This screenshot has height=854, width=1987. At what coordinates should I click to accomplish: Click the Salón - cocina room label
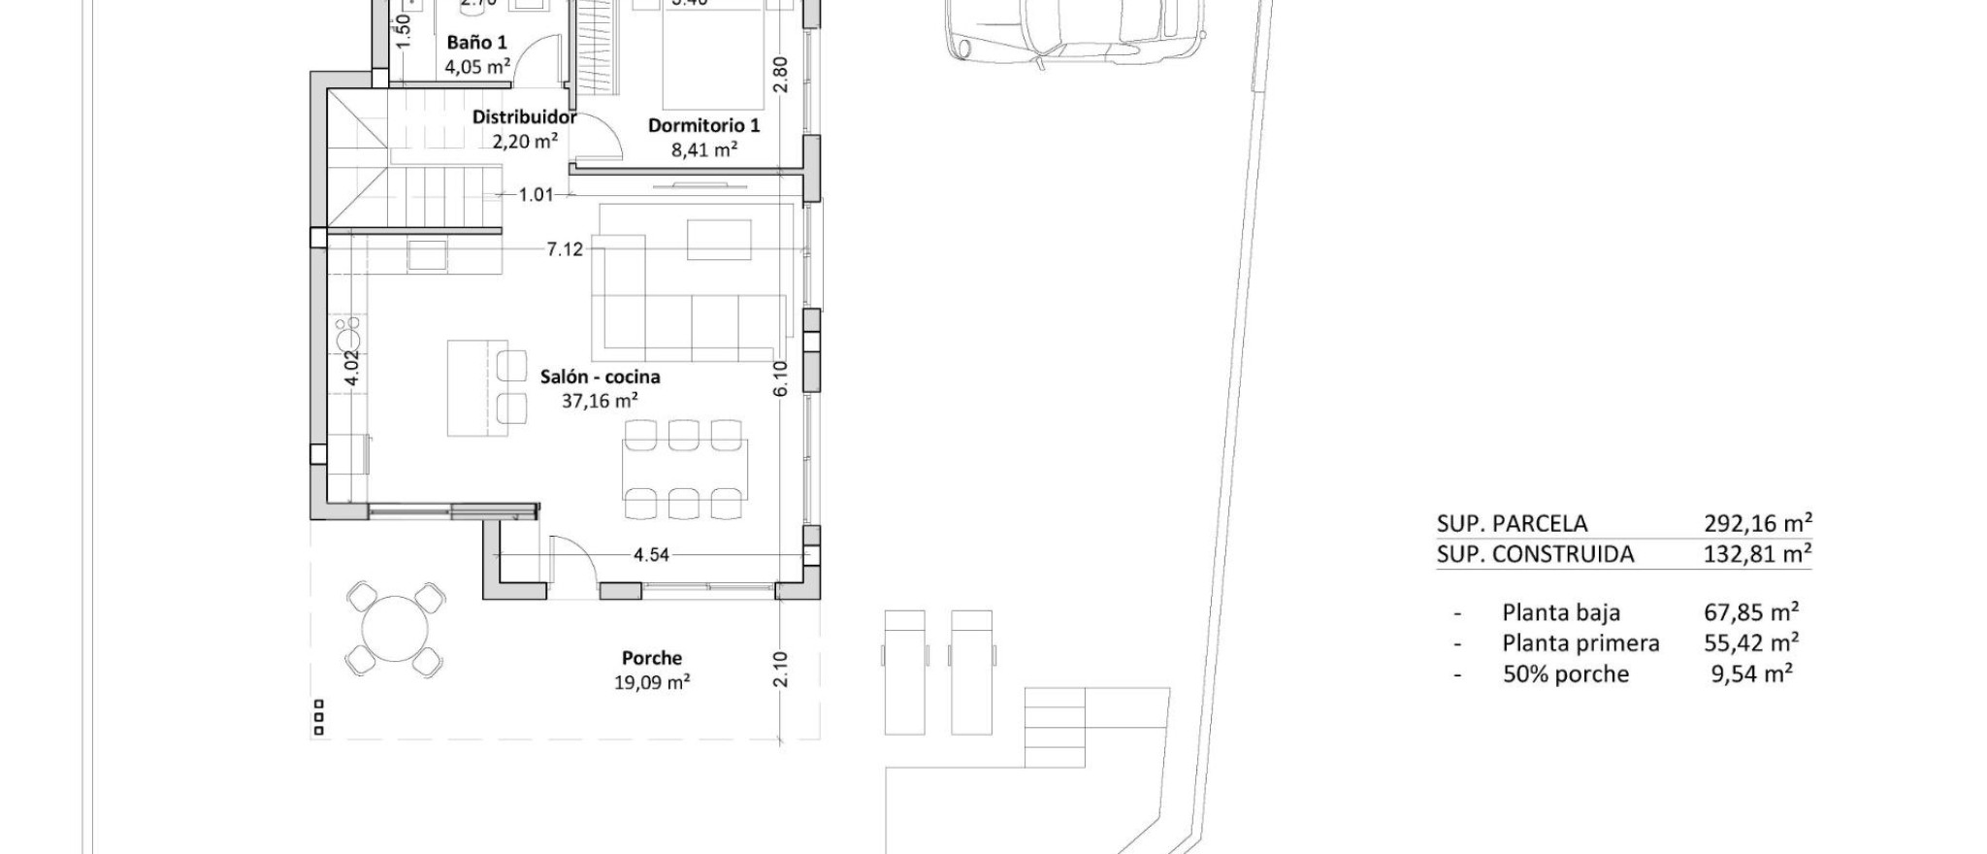tap(600, 377)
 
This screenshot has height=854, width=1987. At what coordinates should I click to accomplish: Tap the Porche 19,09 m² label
tap(651, 659)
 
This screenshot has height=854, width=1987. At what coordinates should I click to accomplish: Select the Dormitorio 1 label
tap(703, 126)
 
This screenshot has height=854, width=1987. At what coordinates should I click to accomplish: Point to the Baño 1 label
tap(476, 43)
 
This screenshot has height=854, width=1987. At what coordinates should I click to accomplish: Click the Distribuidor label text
tap(524, 117)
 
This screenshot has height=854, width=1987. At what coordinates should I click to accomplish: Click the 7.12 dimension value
tap(565, 249)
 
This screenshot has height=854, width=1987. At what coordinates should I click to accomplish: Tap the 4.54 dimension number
tap(651, 555)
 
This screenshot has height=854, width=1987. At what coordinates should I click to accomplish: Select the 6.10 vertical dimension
tap(781, 378)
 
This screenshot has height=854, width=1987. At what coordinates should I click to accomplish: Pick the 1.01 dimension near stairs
tap(536, 195)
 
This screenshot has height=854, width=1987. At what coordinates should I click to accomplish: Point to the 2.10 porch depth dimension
tap(781, 669)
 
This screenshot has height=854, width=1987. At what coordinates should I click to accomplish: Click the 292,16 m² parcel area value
tap(1757, 524)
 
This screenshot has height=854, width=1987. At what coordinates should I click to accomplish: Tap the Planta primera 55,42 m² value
tap(1751, 642)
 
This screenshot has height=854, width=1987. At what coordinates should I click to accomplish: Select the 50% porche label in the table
tap(1565, 674)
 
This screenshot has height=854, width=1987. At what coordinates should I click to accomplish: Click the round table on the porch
tap(395, 629)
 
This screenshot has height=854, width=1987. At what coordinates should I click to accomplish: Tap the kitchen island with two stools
tap(477, 387)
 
